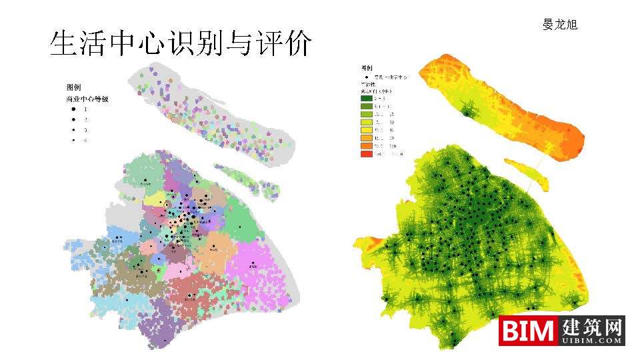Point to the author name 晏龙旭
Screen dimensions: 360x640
(559, 25)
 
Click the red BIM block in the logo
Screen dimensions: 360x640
(529, 331)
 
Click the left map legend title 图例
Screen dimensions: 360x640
(73, 87)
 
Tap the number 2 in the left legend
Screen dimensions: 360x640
(85, 119)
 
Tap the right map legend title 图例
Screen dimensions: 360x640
(367, 68)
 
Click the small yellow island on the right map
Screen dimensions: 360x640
(526, 172)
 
